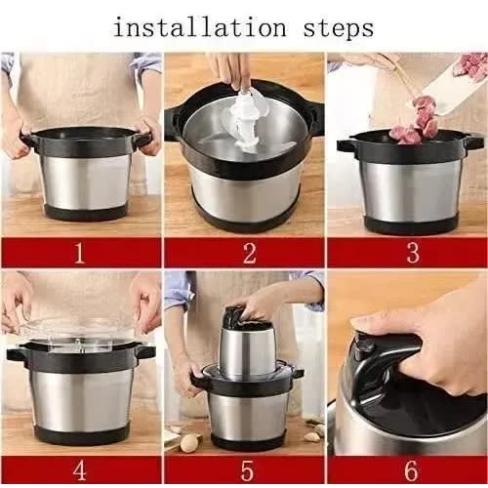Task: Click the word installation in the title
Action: (200, 27)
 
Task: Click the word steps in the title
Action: (339, 29)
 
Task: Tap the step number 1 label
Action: (80, 253)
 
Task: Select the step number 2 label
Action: (249, 253)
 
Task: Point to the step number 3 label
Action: (413, 253)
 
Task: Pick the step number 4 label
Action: (80, 470)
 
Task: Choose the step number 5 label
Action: (247, 470)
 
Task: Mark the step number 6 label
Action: (411, 470)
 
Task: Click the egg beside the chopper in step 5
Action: (189, 443)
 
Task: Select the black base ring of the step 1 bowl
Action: (85, 213)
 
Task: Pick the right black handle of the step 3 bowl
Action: (473, 143)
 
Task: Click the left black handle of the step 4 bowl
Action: (17, 354)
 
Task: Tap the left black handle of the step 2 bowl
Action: (173, 122)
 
